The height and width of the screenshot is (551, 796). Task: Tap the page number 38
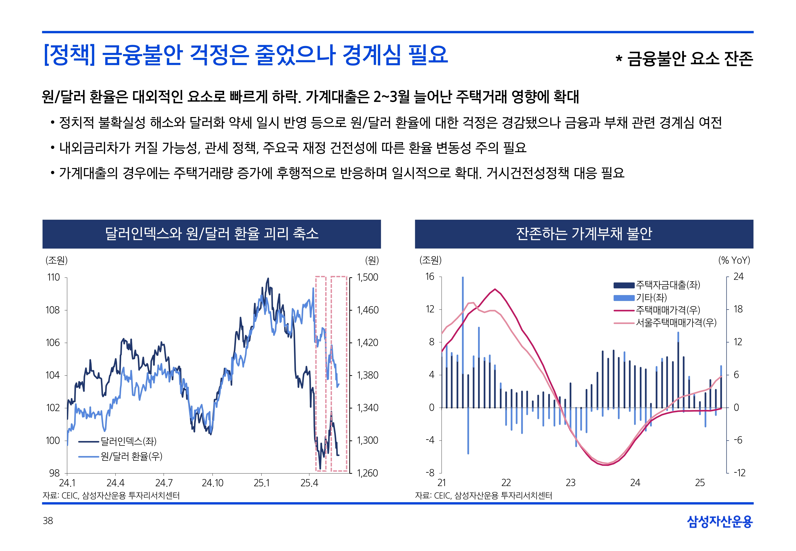coord(48,521)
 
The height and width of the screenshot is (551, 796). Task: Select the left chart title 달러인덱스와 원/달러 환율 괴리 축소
coord(212,234)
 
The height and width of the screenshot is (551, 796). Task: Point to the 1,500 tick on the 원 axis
coord(367,277)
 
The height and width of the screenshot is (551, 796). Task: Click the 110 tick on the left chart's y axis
coord(53,277)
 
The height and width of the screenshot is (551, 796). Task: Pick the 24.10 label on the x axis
coord(212,483)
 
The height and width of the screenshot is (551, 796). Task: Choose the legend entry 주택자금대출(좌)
coord(668,285)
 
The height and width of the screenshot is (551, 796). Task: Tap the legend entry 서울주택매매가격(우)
coord(676,323)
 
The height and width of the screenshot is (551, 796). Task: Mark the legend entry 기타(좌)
coord(651,297)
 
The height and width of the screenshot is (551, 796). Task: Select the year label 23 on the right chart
coord(571,483)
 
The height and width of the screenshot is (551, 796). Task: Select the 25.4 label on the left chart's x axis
coord(309,483)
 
